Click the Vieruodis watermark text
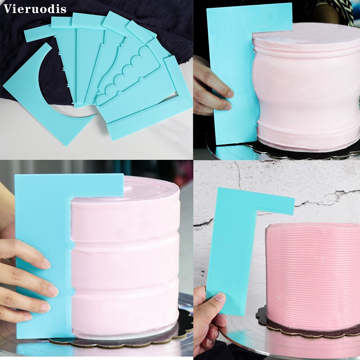[35, 9]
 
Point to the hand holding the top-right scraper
[211, 90]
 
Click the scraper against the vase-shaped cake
[230, 72]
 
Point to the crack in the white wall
[324, 198]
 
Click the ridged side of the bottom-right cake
[313, 274]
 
